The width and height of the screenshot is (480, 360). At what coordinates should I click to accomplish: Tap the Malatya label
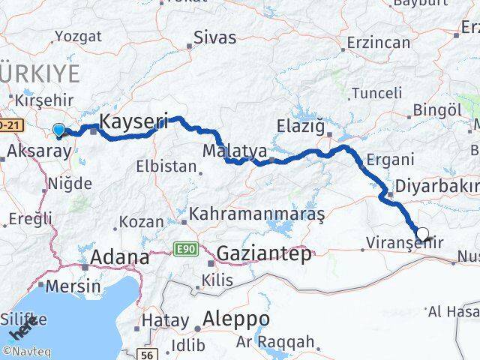pyautogui.click(x=230, y=151)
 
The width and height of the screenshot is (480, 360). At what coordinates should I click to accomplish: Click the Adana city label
pyautogui.click(x=119, y=257)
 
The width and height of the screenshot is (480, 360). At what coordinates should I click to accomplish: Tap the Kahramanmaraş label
pyautogui.click(x=256, y=214)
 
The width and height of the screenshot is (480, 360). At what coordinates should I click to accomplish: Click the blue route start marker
pyautogui.click(x=58, y=130)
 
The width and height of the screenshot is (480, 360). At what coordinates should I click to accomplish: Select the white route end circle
pyautogui.click(x=422, y=235)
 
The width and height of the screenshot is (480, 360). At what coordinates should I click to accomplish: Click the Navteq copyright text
pyautogui.click(x=22, y=350)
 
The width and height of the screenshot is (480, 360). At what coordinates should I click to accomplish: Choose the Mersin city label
pyautogui.click(x=73, y=286)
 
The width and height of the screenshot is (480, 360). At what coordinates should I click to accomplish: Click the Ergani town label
pyautogui.click(x=391, y=159)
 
